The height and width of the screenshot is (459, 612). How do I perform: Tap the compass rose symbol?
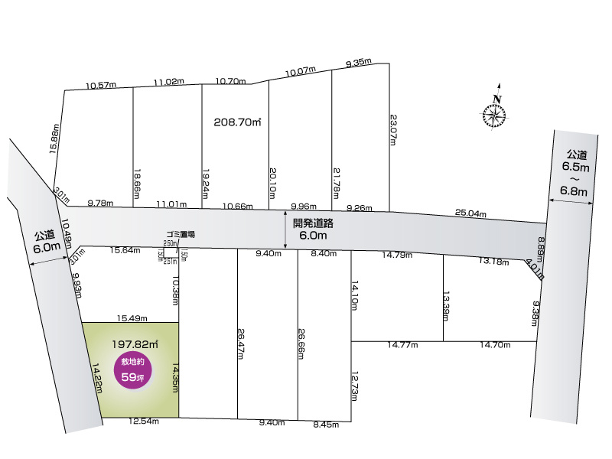(x=495, y=115)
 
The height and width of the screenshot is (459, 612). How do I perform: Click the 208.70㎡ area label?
(x=238, y=122)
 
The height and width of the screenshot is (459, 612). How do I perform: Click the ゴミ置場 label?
(x=181, y=234)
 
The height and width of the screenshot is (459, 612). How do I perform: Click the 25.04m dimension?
(x=470, y=213)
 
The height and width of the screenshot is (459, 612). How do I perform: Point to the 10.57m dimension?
(x=101, y=85)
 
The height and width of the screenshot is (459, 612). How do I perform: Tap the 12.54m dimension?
(x=145, y=421)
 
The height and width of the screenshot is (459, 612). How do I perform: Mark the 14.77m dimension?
(x=402, y=345)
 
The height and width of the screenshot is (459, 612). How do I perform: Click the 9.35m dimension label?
(x=358, y=63)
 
